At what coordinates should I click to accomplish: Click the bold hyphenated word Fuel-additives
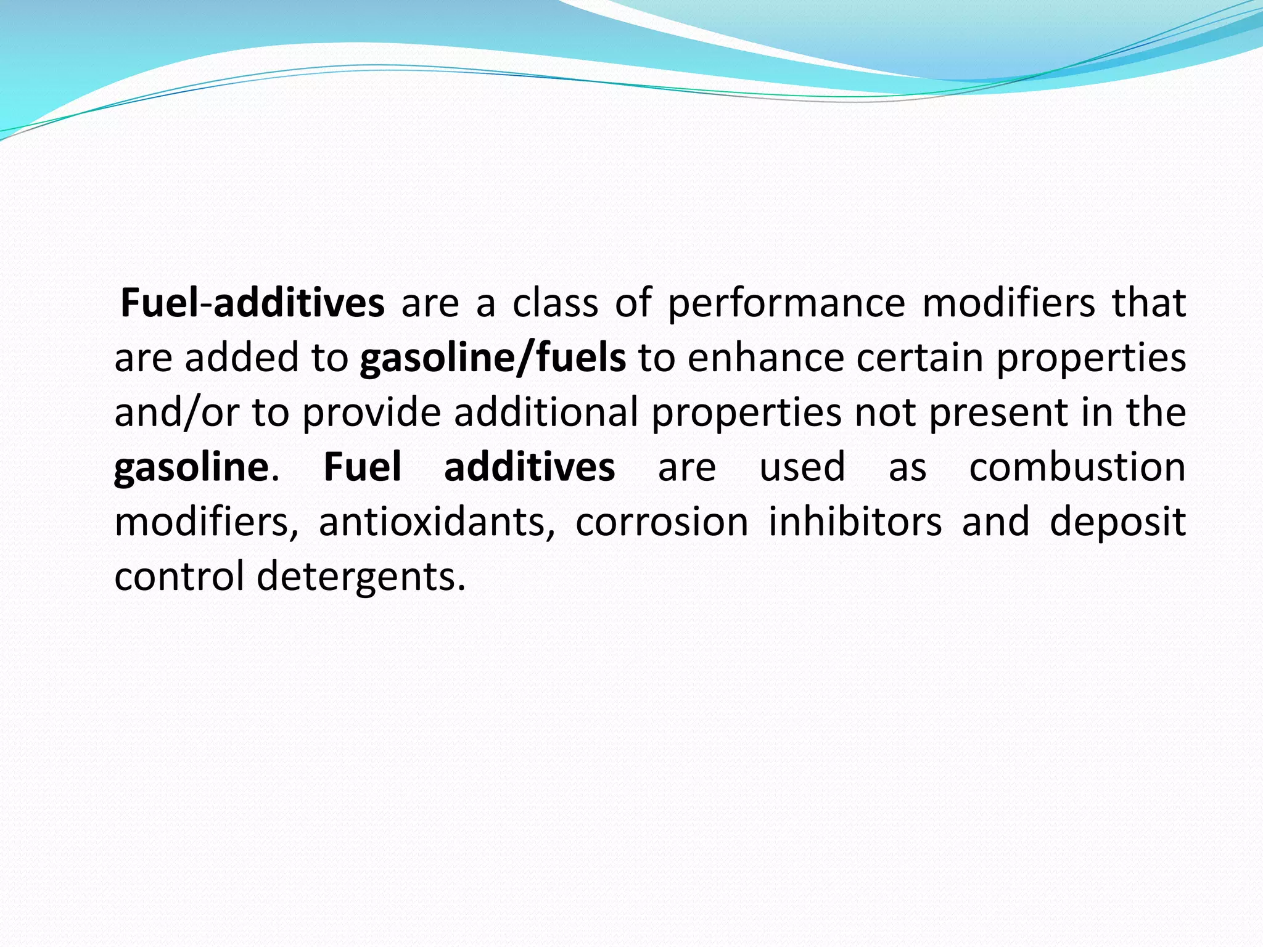click(x=252, y=303)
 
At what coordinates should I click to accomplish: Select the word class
click(x=555, y=303)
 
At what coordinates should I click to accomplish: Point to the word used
click(x=802, y=467)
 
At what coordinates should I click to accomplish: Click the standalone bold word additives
click(x=529, y=467)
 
